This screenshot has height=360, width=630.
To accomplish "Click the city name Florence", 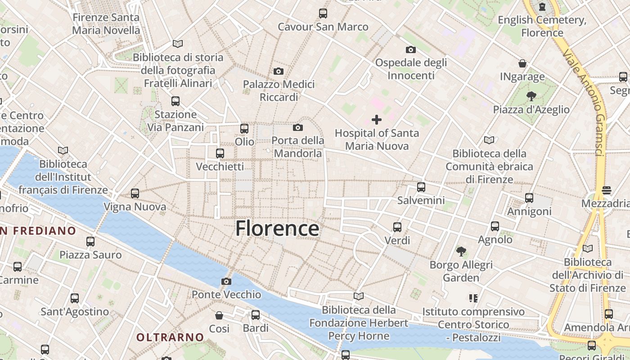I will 277,229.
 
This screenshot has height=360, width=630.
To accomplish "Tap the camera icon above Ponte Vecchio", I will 226,282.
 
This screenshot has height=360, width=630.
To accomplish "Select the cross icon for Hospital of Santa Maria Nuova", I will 377,120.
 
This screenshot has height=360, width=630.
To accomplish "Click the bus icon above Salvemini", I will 421,187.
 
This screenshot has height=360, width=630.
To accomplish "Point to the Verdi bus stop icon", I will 397,227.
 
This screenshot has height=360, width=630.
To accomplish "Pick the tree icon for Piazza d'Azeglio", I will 531,96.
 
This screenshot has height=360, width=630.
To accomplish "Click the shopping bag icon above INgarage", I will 522,63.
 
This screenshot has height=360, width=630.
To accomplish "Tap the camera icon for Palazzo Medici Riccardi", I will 279,71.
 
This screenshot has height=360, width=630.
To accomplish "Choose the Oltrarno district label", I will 170,337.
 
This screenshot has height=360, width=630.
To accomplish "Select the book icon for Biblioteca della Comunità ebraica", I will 489,140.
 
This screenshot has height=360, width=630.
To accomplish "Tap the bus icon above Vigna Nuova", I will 135,194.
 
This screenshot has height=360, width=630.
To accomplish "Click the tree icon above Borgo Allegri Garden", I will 461,252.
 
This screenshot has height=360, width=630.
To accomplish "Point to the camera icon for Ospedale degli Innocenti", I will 411,49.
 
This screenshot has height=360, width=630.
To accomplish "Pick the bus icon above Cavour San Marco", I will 323,13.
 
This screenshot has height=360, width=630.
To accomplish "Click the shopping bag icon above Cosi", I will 219,315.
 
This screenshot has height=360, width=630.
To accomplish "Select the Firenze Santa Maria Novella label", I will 106,24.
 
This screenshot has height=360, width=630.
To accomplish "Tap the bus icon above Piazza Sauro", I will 90,242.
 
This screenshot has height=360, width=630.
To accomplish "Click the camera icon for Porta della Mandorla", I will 298,128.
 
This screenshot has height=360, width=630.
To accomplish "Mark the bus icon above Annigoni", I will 529,198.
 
